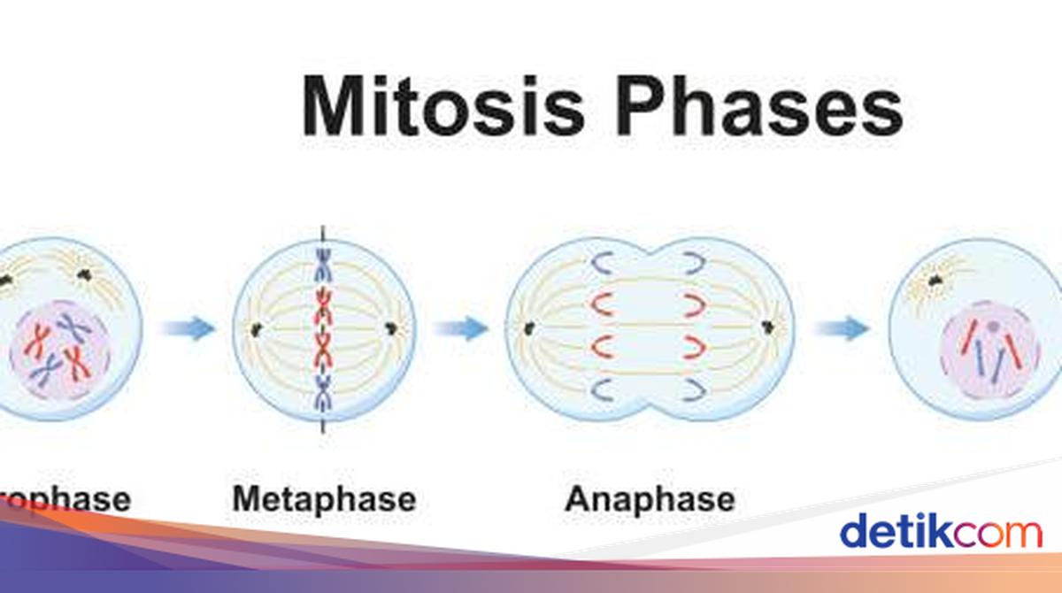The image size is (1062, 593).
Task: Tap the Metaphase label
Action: coord(323,499)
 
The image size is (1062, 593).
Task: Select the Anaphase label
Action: coord(650,499)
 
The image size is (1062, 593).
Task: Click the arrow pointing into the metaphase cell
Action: coord(189,328)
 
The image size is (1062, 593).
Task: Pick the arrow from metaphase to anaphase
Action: coord(461,328)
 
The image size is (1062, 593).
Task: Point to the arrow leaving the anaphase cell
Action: coord(842,328)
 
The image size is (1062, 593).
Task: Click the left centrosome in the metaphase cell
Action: coord(257,330)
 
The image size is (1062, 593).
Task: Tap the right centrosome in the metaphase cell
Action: coord(390,330)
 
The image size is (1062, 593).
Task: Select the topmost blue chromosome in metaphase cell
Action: coord(323,264)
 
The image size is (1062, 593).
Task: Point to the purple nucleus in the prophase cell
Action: coord(59,350)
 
